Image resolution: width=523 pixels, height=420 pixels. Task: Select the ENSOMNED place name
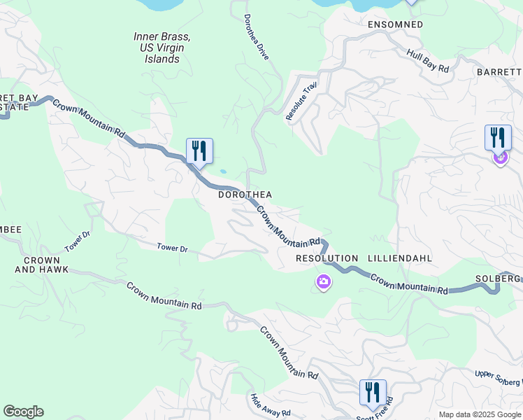point(395,24)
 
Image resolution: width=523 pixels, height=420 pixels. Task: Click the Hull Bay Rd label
point(427,60)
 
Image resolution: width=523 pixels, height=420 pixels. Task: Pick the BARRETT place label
point(499,72)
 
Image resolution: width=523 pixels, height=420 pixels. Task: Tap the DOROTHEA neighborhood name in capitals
point(245,195)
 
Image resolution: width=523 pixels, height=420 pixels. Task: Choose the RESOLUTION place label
point(327,258)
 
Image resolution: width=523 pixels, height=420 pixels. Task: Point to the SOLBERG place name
point(499,278)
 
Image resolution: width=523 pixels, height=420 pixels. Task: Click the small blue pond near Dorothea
point(222,171)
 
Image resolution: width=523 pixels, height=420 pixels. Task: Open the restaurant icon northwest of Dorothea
point(199,150)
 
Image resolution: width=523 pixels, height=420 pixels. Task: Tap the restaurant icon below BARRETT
point(497,137)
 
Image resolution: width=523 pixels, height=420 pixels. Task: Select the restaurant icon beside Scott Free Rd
point(372,392)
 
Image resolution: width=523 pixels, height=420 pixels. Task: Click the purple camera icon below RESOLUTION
point(323,282)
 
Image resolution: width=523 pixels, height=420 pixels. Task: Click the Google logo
point(23,412)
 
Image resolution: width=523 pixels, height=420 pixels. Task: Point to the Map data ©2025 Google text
point(479,414)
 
